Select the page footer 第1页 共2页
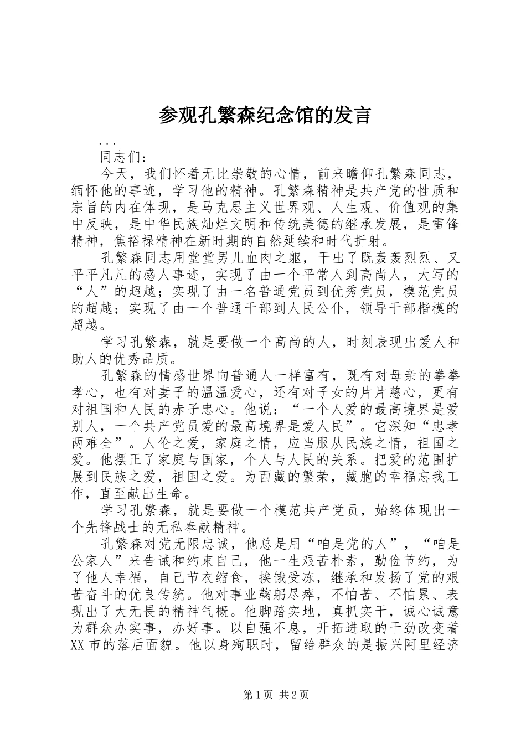click(x=275, y=694)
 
